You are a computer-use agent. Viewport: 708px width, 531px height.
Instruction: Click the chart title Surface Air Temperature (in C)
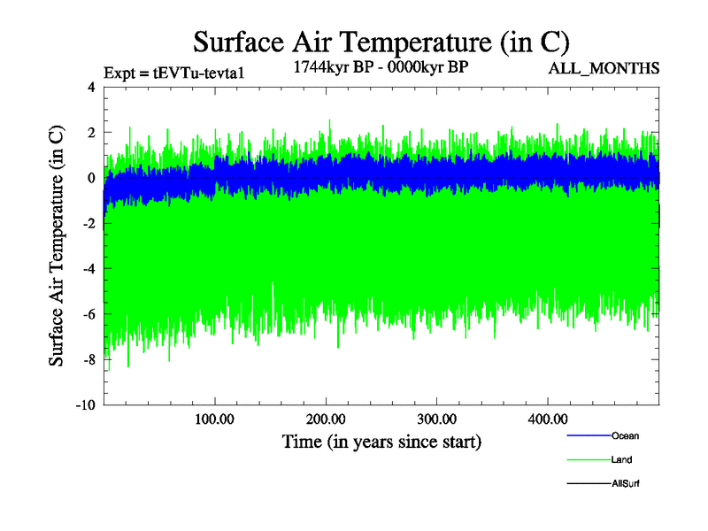pyautogui.click(x=381, y=42)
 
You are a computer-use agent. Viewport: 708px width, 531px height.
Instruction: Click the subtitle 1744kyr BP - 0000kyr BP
pyautogui.click(x=381, y=66)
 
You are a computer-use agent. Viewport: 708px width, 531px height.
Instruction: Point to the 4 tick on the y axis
pyautogui.click(x=91, y=87)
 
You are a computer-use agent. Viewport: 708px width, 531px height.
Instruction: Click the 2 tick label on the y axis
pyautogui.click(x=91, y=133)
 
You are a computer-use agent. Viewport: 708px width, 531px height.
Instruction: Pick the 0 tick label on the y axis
pyautogui.click(x=91, y=178)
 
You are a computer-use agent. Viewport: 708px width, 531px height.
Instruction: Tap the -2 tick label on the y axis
pyautogui.click(x=88, y=224)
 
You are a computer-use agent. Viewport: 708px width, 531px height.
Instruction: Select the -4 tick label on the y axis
pyautogui.click(x=88, y=269)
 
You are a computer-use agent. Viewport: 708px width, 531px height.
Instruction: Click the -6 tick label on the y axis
pyautogui.click(x=88, y=314)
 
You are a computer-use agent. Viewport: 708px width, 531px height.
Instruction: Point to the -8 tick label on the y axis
pyautogui.click(x=88, y=360)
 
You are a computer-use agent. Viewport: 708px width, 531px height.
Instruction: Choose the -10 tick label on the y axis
pyautogui.click(x=85, y=405)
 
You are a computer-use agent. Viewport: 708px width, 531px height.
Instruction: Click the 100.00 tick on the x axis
pyautogui.click(x=215, y=418)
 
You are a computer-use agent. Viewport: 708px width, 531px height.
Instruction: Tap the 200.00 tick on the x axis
pyautogui.click(x=326, y=418)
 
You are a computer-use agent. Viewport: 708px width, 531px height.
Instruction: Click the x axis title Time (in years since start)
pyautogui.click(x=381, y=441)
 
